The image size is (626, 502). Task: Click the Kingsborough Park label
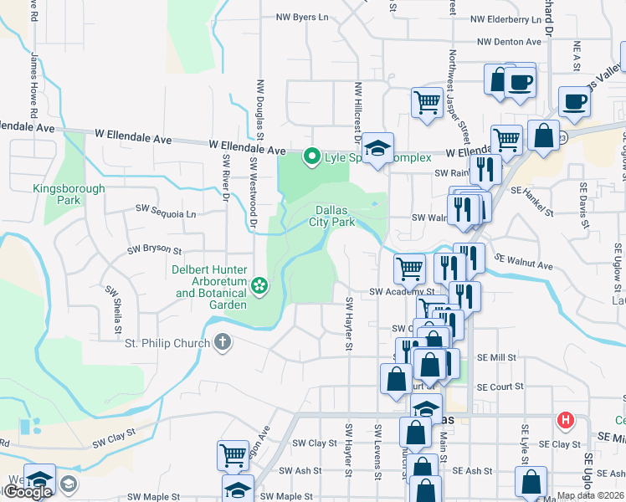click(x=69, y=194)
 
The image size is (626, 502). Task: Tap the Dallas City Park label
click(x=336, y=216)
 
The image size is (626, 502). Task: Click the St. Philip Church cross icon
click(x=222, y=342)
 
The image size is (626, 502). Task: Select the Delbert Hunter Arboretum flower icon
click(x=260, y=286)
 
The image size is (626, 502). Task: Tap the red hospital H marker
click(x=567, y=420)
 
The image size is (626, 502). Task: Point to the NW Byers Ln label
click(x=302, y=17)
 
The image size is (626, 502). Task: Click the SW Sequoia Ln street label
click(x=166, y=213)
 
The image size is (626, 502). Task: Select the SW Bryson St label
click(x=154, y=249)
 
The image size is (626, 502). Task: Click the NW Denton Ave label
click(x=510, y=42)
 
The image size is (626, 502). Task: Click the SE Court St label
click(x=500, y=387)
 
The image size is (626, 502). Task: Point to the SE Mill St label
click(x=496, y=357)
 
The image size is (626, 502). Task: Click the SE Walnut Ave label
click(x=524, y=262)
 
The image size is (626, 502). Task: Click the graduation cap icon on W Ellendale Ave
click(x=377, y=148)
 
